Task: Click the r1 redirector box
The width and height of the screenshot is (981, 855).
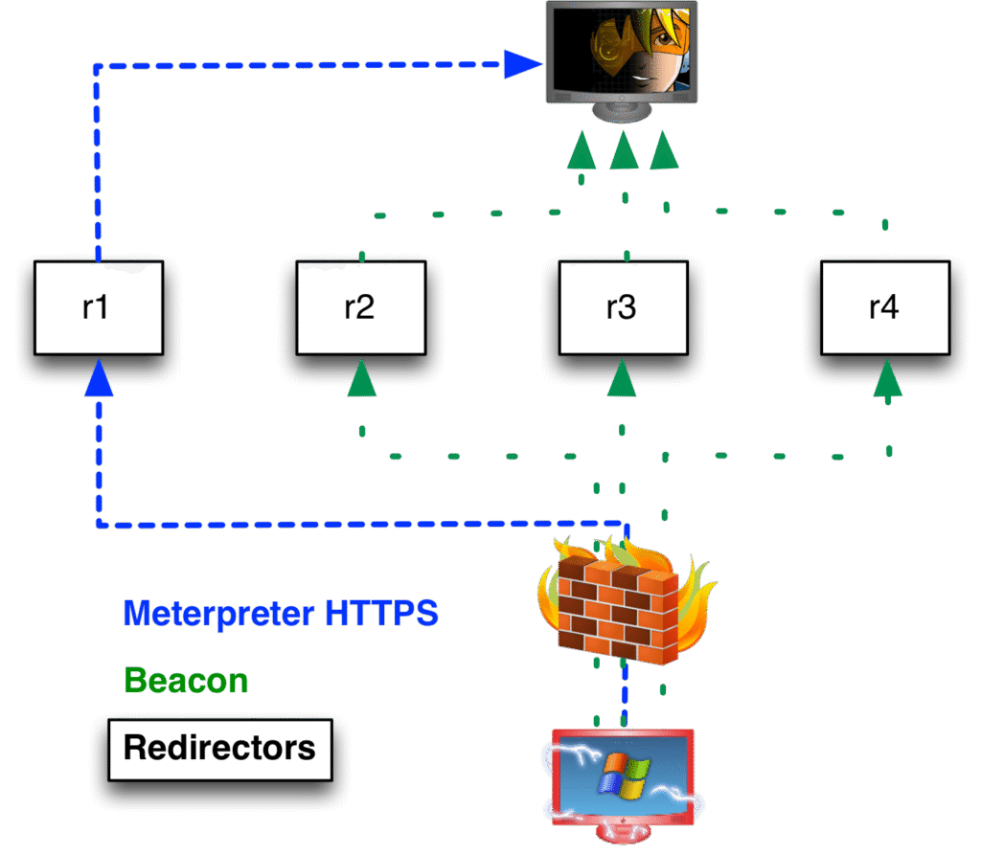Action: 98,307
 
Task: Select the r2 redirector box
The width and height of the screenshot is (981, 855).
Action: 360,307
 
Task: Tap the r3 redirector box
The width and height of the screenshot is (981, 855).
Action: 623,307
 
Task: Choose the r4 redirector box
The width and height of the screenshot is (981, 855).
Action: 884,307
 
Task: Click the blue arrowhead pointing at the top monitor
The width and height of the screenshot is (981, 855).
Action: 522,65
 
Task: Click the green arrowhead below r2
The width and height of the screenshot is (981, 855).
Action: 361,378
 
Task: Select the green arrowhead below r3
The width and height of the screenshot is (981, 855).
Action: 622,378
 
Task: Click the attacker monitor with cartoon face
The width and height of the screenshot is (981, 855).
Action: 621,53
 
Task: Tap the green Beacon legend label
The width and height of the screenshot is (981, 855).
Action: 186,681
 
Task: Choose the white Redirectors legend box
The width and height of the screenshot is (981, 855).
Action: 219,748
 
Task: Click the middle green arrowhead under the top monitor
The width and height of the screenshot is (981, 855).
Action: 624,151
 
